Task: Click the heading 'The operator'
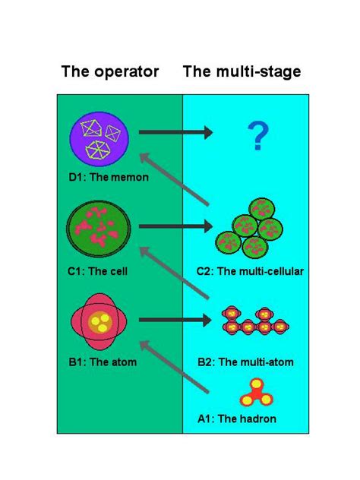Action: pyautogui.click(x=110, y=72)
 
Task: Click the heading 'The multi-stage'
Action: pyautogui.click(x=242, y=72)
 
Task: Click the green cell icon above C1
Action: pyautogui.click(x=99, y=228)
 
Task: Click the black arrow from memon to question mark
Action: pyautogui.click(x=175, y=134)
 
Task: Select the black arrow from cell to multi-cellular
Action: pyautogui.click(x=175, y=226)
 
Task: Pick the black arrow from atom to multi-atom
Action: pyautogui.click(x=175, y=320)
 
